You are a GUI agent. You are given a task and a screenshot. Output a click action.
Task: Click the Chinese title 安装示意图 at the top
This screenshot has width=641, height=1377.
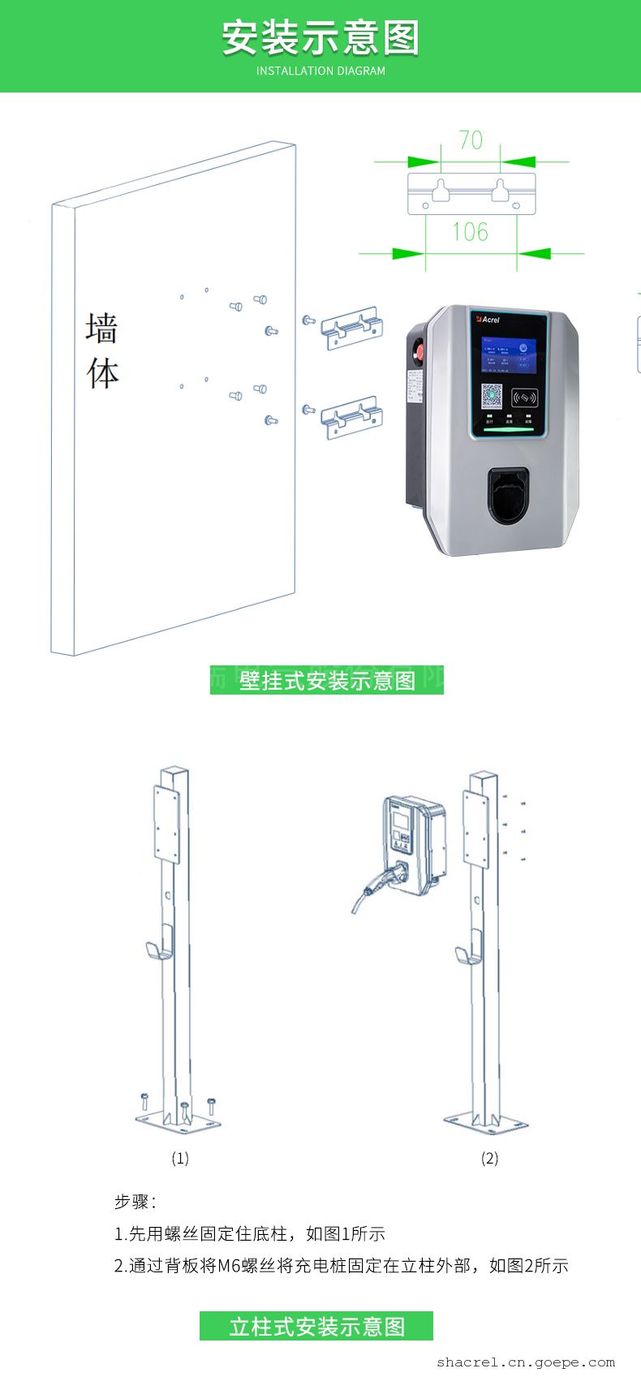(x=320, y=38)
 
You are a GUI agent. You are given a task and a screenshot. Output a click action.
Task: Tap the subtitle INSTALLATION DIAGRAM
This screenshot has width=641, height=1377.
(x=320, y=71)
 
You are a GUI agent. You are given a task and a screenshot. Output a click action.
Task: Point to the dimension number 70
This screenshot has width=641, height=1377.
(x=471, y=140)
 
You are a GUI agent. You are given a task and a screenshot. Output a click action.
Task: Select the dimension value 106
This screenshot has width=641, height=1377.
(x=471, y=232)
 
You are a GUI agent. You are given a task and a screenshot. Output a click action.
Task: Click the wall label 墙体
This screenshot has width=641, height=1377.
(x=102, y=351)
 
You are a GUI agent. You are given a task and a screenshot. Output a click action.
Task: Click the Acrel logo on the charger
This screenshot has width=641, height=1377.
(x=488, y=320)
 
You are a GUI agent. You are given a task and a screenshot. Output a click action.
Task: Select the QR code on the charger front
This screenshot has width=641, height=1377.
(x=492, y=396)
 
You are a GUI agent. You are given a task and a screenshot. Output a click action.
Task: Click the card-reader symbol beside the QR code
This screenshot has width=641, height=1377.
(x=525, y=398)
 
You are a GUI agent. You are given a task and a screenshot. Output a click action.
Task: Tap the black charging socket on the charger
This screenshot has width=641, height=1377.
(x=507, y=494)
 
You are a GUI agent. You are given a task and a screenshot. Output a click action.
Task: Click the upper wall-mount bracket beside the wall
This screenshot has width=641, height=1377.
(x=351, y=328)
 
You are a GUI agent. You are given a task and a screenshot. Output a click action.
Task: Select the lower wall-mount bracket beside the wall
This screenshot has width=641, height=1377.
(x=351, y=418)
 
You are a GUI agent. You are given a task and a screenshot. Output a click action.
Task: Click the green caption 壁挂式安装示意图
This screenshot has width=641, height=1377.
(x=327, y=680)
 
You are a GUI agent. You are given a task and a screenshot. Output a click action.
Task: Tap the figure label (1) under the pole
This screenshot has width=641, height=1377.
(x=180, y=1158)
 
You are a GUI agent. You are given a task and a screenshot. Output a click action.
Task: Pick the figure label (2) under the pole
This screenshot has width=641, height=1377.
(x=489, y=1158)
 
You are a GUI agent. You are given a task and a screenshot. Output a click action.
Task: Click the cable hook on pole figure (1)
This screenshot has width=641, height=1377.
(x=157, y=951)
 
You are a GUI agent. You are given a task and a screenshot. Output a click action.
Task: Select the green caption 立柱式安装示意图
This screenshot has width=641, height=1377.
(x=316, y=1327)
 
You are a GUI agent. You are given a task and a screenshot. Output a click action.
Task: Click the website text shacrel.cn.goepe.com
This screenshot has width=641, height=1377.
(x=525, y=1362)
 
